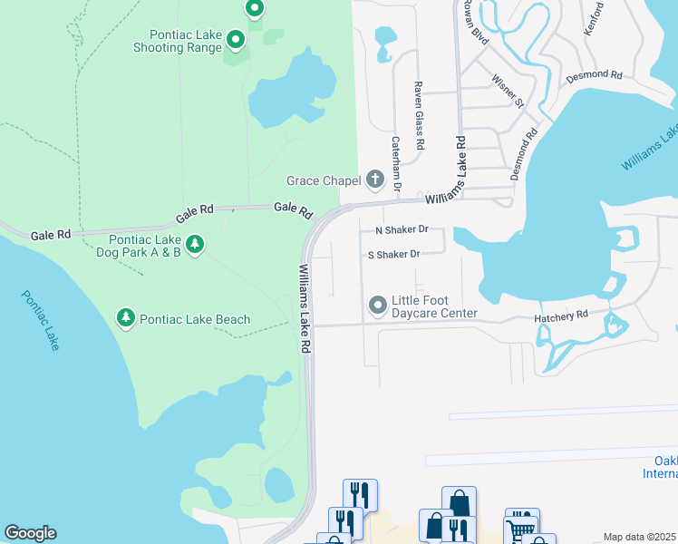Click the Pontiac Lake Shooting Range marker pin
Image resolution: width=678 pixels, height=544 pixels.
(x=235, y=39)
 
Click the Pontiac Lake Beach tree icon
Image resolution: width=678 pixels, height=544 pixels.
(x=126, y=318)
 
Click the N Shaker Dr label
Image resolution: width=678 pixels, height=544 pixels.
(x=402, y=230)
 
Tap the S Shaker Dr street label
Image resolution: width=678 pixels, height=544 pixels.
(x=393, y=255)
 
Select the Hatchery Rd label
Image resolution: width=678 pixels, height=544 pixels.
(x=561, y=315)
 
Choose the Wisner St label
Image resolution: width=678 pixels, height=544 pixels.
(x=508, y=91)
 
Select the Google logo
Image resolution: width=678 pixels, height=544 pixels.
(x=30, y=533)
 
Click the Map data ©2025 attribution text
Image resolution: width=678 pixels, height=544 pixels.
(x=640, y=537)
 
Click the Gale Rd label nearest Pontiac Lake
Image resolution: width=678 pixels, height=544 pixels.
(x=51, y=234)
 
